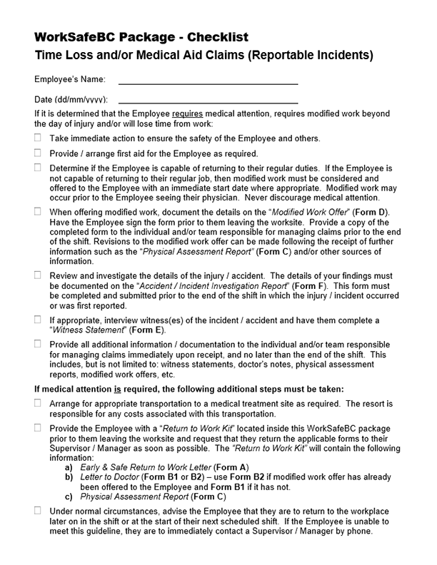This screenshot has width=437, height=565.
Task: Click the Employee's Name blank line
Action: click(208, 83)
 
